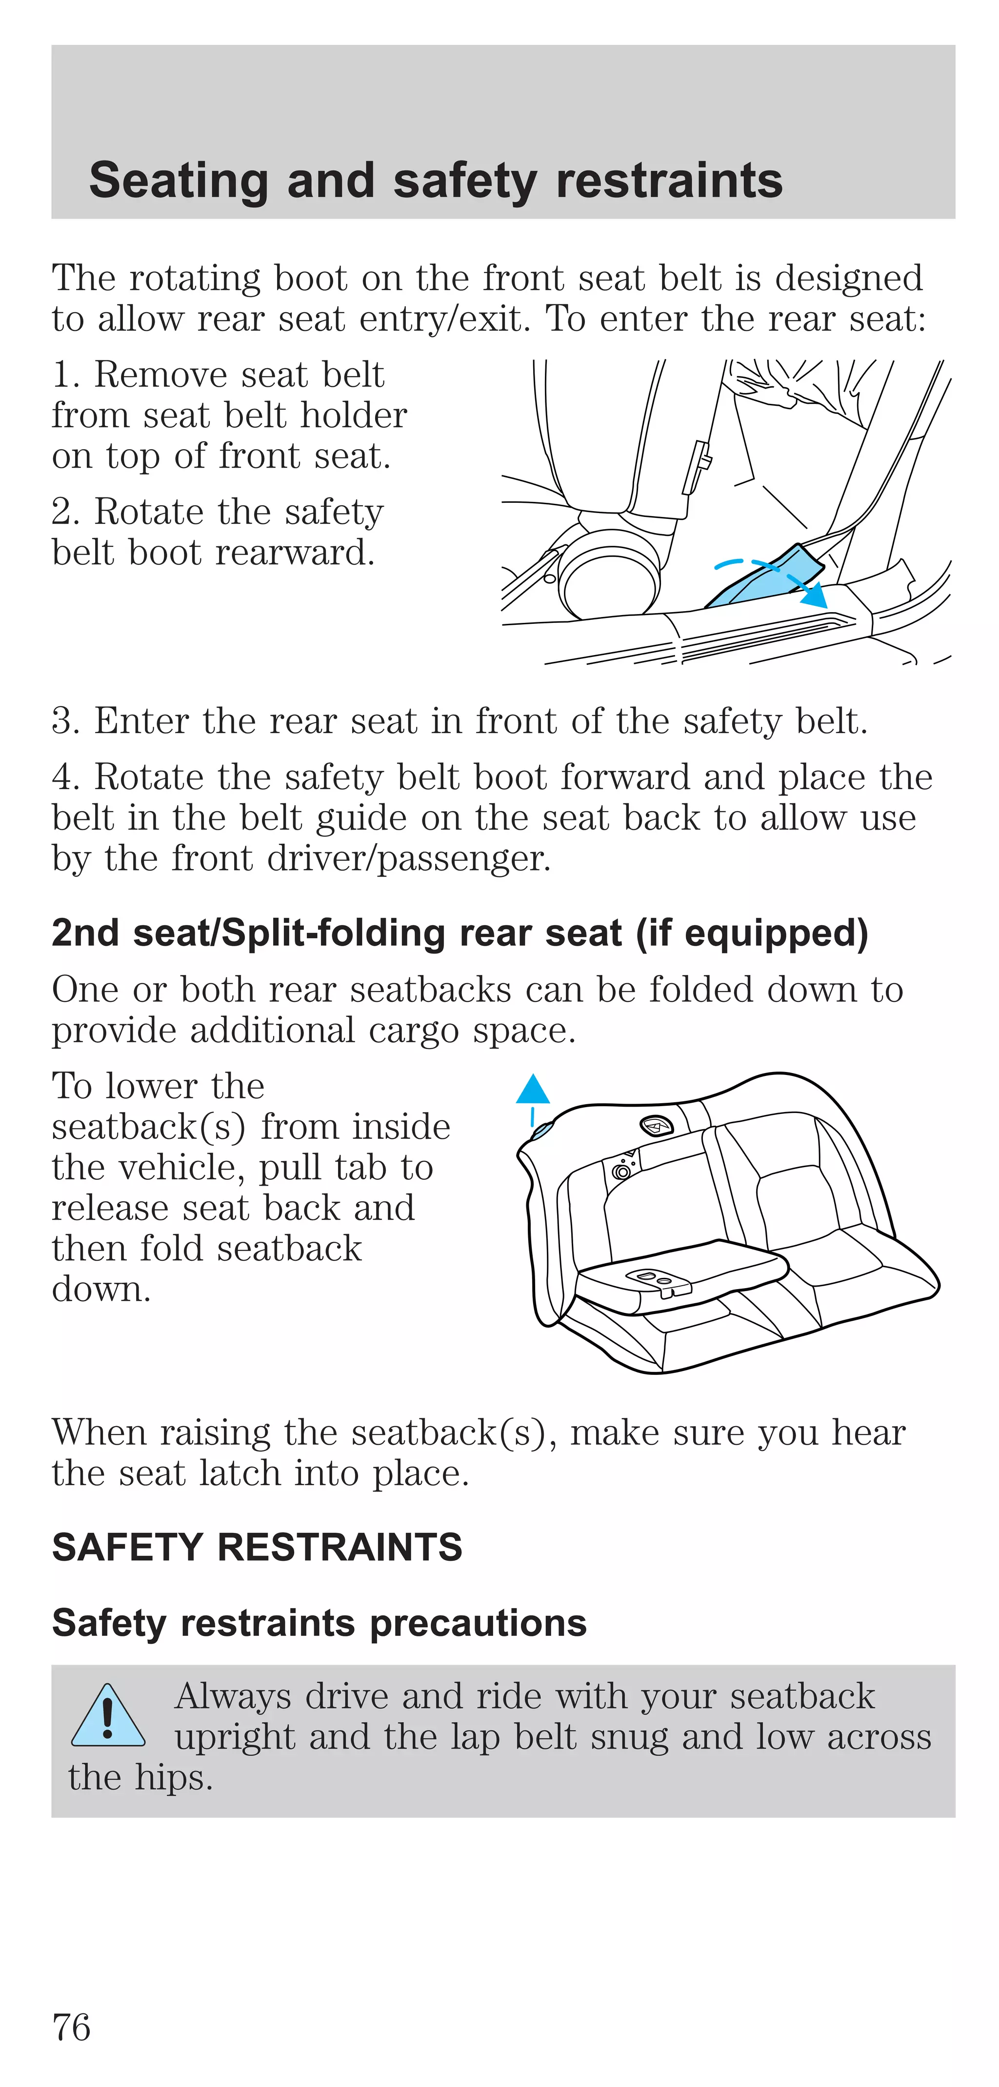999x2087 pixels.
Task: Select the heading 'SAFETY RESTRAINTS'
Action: point(257,1548)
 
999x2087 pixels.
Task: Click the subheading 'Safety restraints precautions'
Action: point(319,1623)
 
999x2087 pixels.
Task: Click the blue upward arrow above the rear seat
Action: point(532,1092)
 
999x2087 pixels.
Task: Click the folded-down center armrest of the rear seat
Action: point(680,1272)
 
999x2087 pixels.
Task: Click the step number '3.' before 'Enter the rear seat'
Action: point(66,721)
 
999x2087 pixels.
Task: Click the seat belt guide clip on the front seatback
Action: point(696,467)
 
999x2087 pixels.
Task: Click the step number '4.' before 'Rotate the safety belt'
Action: point(66,777)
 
